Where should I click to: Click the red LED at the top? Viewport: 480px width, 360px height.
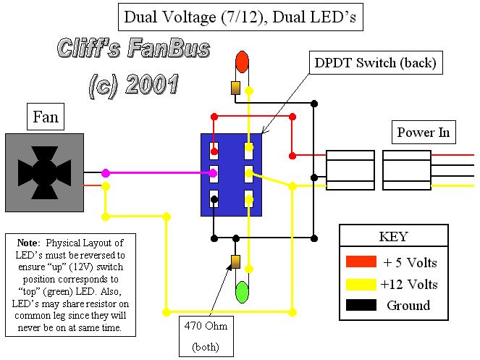[x=242, y=62]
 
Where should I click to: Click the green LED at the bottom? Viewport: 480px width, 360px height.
[x=242, y=292]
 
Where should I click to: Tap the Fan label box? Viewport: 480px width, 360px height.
[x=45, y=116]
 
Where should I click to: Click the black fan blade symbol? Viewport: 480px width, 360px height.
[x=45, y=172]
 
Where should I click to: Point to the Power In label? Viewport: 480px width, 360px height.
[x=424, y=133]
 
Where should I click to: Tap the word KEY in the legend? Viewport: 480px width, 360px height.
[x=393, y=237]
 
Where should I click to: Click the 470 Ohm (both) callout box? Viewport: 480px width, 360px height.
[x=211, y=336]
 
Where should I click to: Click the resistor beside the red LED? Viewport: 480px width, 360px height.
[x=235, y=88]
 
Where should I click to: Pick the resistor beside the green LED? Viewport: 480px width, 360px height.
[x=235, y=262]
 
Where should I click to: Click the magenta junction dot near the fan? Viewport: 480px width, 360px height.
[x=106, y=173]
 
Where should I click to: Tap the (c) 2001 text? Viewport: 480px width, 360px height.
[x=133, y=85]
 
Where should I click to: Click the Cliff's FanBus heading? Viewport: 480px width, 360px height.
[x=133, y=49]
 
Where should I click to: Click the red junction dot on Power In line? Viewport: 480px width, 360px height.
[x=292, y=155]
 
